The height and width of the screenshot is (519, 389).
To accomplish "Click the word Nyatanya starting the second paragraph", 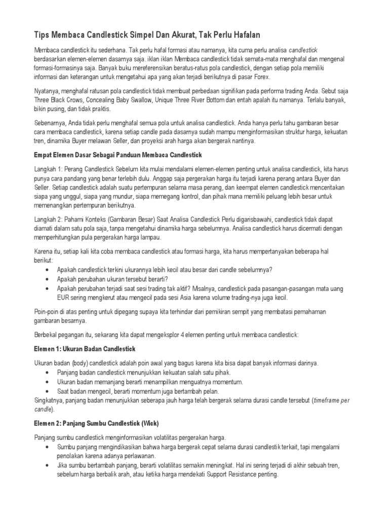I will click(x=47, y=91).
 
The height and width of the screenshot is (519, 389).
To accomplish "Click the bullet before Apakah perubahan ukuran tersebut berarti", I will click(x=47, y=279).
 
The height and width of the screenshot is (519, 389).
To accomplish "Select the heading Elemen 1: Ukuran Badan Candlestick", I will click(x=85, y=349).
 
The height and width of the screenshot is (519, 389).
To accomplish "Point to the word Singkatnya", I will click(x=50, y=400).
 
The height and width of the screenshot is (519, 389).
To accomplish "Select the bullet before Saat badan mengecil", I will click(x=47, y=391).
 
